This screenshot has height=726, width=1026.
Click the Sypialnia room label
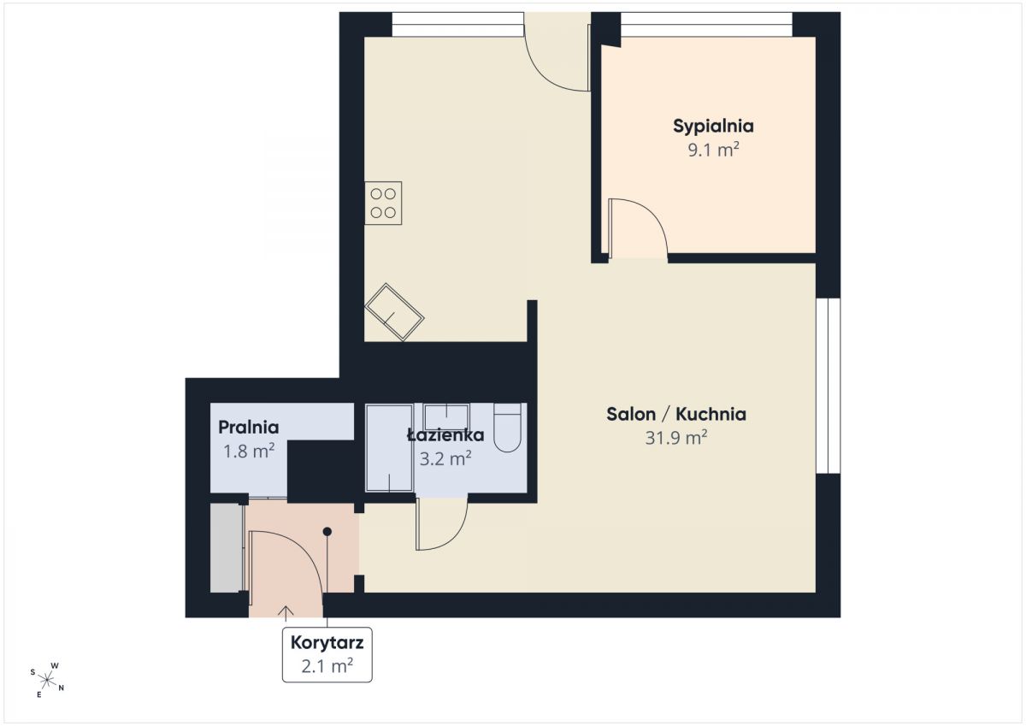click(x=713, y=126)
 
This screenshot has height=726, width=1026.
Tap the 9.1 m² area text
click(x=713, y=150)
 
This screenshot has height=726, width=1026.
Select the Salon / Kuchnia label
click(x=676, y=414)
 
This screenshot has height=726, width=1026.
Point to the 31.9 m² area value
click(x=676, y=438)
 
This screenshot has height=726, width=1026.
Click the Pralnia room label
click(x=248, y=428)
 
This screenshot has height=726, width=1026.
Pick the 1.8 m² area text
click(x=249, y=452)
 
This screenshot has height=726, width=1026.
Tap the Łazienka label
click(x=445, y=434)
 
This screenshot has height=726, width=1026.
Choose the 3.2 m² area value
click(x=445, y=458)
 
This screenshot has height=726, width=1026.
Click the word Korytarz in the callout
click(x=327, y=643)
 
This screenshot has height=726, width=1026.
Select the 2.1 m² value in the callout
click(x=327, y=666)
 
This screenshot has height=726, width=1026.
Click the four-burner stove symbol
click(x=383, y=203)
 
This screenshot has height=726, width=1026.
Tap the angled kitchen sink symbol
click(x=394, y=312)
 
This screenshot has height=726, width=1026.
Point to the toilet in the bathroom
click(x=508, y=428)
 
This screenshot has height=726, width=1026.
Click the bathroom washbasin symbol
click(x=446, y=416)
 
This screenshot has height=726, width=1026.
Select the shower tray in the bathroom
click(x=389, y=448)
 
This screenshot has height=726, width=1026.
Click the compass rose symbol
click(x=47, y=680)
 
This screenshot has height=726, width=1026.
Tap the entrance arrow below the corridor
click(x=286, y=613)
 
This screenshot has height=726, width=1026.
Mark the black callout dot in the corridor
click(x=327, y=532)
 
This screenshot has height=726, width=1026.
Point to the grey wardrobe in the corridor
click(x=227, y=548)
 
